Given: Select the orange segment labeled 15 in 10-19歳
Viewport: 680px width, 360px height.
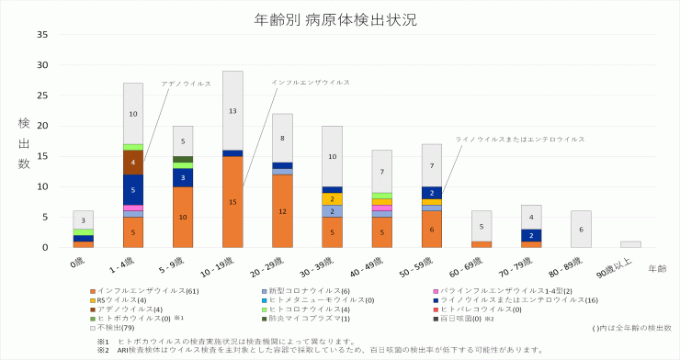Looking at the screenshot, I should tap(232, 201).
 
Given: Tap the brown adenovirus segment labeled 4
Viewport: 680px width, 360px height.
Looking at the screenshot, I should tap(133, 162).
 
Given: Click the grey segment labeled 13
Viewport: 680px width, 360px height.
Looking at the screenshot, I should tap(232, 110).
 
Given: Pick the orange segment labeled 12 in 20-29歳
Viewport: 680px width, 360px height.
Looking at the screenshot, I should tap(282, 210).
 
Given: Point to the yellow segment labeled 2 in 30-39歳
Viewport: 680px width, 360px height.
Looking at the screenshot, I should tap(332, 198).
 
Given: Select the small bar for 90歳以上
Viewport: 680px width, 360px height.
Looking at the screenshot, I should tap(630, 244).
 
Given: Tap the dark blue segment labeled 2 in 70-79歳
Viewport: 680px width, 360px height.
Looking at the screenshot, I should tap(531, 235).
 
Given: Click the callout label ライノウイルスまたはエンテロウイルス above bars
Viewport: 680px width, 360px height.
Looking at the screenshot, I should tap(520, 140).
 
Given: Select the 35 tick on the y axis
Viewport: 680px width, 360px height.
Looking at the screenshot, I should tap(42, 35).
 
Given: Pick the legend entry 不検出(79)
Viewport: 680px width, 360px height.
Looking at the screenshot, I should tap(115, 327).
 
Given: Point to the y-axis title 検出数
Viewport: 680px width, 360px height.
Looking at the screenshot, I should tap(23, 142).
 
